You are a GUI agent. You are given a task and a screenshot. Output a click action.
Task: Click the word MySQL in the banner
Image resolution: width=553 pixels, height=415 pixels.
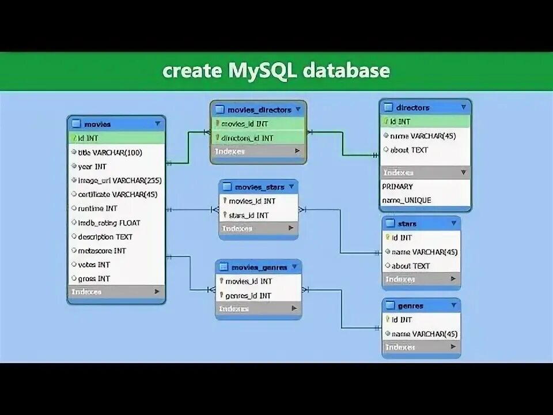coord(260,71)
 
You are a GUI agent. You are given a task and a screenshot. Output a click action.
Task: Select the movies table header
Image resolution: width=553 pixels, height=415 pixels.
coord(97,124)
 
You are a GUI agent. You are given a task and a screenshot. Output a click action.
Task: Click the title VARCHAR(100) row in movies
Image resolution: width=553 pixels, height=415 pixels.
coord(110,152)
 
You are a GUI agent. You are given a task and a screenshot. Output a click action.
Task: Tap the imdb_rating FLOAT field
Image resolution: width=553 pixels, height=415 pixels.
coord(109,222)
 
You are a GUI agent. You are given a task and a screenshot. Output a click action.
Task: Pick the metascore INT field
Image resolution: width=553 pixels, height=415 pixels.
coord(102,251)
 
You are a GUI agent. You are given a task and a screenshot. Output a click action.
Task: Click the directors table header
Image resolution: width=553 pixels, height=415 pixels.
coord(413,107)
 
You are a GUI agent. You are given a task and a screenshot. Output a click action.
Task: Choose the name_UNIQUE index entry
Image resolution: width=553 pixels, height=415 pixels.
coord(406,200)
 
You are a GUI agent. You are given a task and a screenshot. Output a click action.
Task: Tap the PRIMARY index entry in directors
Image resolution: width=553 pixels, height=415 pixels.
coord(397,186)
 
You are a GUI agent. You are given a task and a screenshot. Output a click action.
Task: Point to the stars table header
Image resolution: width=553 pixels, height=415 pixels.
coord(407,224)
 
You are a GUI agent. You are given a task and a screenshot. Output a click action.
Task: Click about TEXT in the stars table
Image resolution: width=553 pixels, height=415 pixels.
coord(411,266)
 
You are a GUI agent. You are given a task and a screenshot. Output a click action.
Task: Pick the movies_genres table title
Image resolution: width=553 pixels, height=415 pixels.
coord(259,267)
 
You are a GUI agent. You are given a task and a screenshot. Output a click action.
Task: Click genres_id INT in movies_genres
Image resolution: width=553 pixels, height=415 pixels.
coord(248,295)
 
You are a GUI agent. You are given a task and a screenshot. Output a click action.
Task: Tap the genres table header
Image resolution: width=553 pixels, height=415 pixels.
coord(410,306)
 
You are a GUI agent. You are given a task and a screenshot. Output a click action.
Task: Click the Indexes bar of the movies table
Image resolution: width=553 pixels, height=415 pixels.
coord(115,292)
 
